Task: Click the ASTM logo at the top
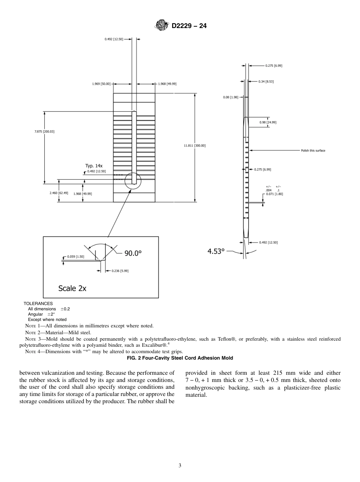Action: [x=162, y=26]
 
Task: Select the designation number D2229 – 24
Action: [x=189, y=26]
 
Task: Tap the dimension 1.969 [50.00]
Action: [x=102, y=84]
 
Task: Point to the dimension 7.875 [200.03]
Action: [x=44, y=131]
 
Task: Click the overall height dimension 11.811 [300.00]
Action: [x=195, y=146]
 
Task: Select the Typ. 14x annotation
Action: [x=94, y=166]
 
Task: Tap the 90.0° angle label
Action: [x=133, y=253]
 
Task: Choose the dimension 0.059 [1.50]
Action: [x=75, y=257]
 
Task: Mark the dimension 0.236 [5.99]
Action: [x=120, y=271]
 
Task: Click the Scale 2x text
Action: [x=72, y=288]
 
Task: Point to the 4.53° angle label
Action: [x=216, y=251]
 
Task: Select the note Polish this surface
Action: [x=313, y=150]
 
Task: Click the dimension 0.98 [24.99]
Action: [x=268, y=122]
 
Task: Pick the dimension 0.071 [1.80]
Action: [x=274, y=194]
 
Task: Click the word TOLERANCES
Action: [x=38, y=304]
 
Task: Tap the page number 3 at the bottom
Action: [x=180, y=466]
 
